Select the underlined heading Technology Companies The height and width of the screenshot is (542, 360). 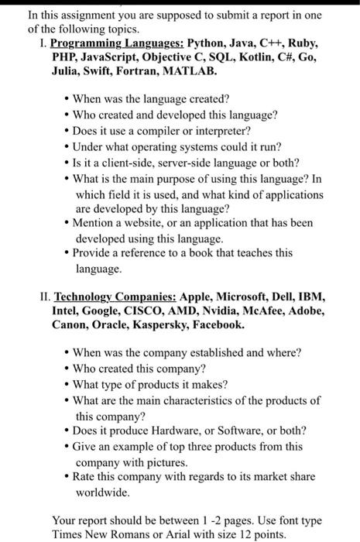[115, 297]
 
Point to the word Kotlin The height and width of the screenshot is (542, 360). [258, 57]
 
